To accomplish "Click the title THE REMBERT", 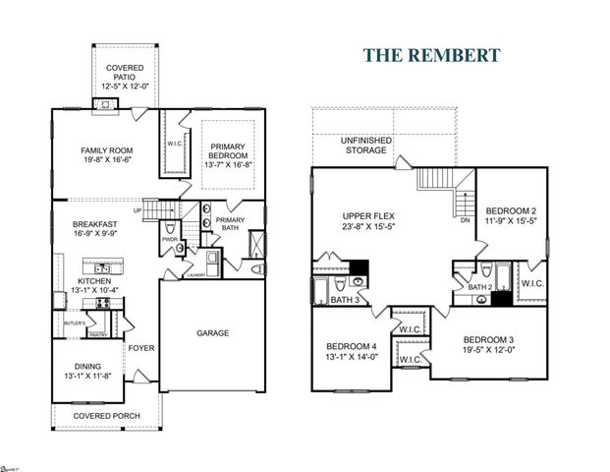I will [x=431, y=55].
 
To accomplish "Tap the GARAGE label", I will [x=211, y=333].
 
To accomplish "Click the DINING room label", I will [x=89, y=365].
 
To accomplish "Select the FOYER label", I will [x=140, y=347].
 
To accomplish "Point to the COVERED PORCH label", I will [x=109, y=416].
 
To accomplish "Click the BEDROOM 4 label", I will [x=352, y=346].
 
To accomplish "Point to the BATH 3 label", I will [x=344, y=299].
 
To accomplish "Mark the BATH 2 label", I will [x=479, y=287].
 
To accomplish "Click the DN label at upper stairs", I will [x=465, y=221].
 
